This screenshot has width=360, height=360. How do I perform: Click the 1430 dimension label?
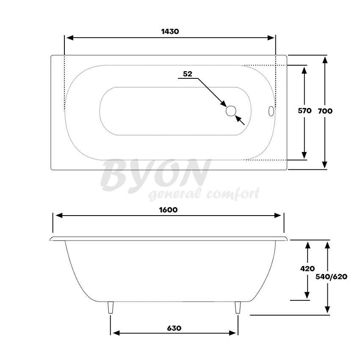coord(170,31)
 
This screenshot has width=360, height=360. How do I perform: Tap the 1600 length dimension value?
coord(169,210)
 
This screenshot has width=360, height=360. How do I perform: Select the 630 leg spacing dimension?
coord(174,328)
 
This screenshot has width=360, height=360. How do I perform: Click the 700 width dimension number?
coord(325,111)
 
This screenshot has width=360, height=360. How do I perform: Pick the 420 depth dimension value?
coord(307,269)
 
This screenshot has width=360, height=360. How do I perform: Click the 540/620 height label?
coord(332,277)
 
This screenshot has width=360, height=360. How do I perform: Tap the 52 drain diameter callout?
coord(188,74)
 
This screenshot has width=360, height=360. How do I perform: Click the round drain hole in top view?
coord(231,111)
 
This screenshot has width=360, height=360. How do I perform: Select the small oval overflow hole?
coord(271,111)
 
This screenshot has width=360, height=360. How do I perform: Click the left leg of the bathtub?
coord(111,307)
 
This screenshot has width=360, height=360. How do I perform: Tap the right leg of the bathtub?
coord(238,307)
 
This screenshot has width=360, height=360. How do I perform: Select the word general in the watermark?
coord(174,195)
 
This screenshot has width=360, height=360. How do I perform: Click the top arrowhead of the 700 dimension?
coord(325,59)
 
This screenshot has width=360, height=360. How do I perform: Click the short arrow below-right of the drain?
coord(240,120)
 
